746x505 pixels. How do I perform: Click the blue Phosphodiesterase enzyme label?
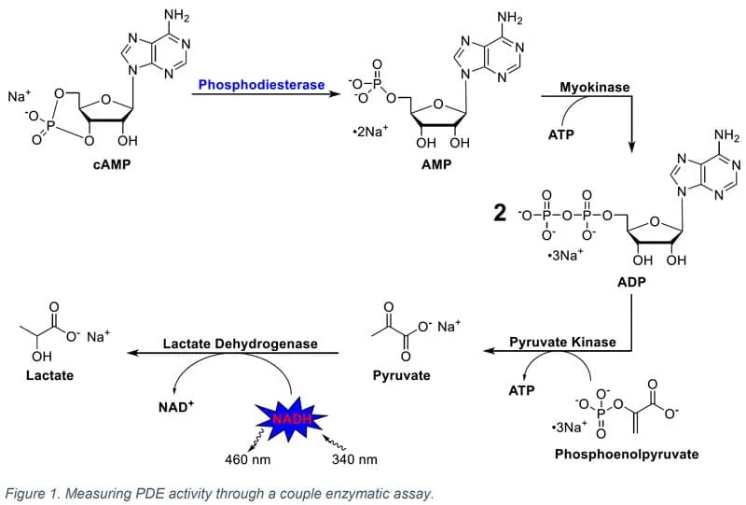click(x=260, y=85)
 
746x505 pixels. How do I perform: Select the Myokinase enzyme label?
click(x=594, y=87)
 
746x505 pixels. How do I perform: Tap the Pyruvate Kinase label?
click(x=562, y=343)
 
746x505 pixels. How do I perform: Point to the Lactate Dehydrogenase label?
click(x=240, y=344)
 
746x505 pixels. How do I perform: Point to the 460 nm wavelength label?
click(x=249, y=460)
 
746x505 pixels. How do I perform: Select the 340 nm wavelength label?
click(x=354, y=460)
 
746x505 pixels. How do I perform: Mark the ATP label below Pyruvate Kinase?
click(x=521, y=390)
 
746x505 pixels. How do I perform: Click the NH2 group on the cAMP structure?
click(x=175, y=17)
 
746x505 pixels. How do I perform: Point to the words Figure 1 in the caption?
click(x=34, y=492)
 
